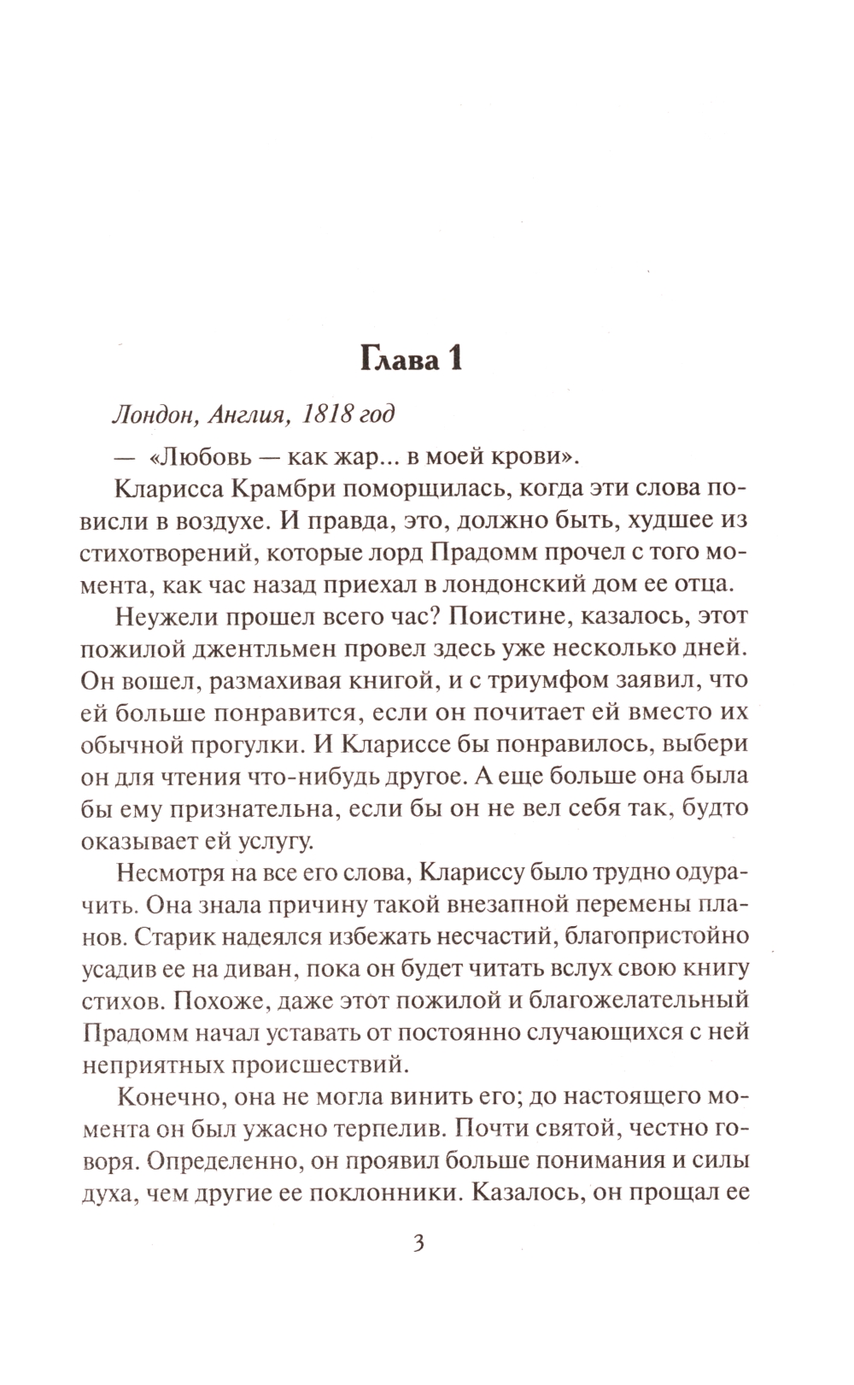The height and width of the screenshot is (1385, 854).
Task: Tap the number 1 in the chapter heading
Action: click(453, 357)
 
